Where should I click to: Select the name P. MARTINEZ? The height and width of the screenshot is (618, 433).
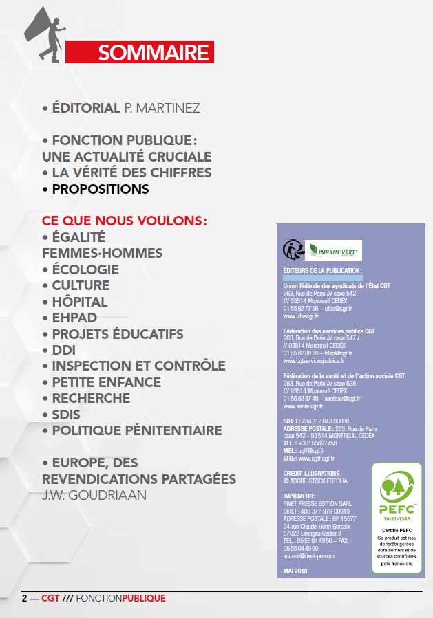click(x=162, y=108)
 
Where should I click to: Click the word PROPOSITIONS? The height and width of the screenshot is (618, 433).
click(x=101, y=188)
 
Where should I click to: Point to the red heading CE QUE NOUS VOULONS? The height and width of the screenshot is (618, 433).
click(x=125, y=221)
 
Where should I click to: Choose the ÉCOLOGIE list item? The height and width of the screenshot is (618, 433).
click(x=85, y=269)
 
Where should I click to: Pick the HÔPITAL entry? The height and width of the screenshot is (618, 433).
click(x=80, y=302)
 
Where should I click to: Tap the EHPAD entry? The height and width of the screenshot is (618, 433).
click(x=74, y=318)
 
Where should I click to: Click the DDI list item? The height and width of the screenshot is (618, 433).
click(x=64, y=350)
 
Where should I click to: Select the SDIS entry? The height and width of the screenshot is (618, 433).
click(x=66, y=415)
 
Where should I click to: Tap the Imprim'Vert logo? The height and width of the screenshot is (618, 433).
click(x=333, y=249)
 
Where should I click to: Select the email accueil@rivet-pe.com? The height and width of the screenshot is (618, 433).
click(x=309, y=556)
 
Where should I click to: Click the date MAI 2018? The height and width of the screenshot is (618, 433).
click(x=297, y=571)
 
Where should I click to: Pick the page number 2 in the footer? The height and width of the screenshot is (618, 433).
click(x=24, y=598)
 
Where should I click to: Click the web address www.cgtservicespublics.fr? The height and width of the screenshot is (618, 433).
click(x=314, y=360)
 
